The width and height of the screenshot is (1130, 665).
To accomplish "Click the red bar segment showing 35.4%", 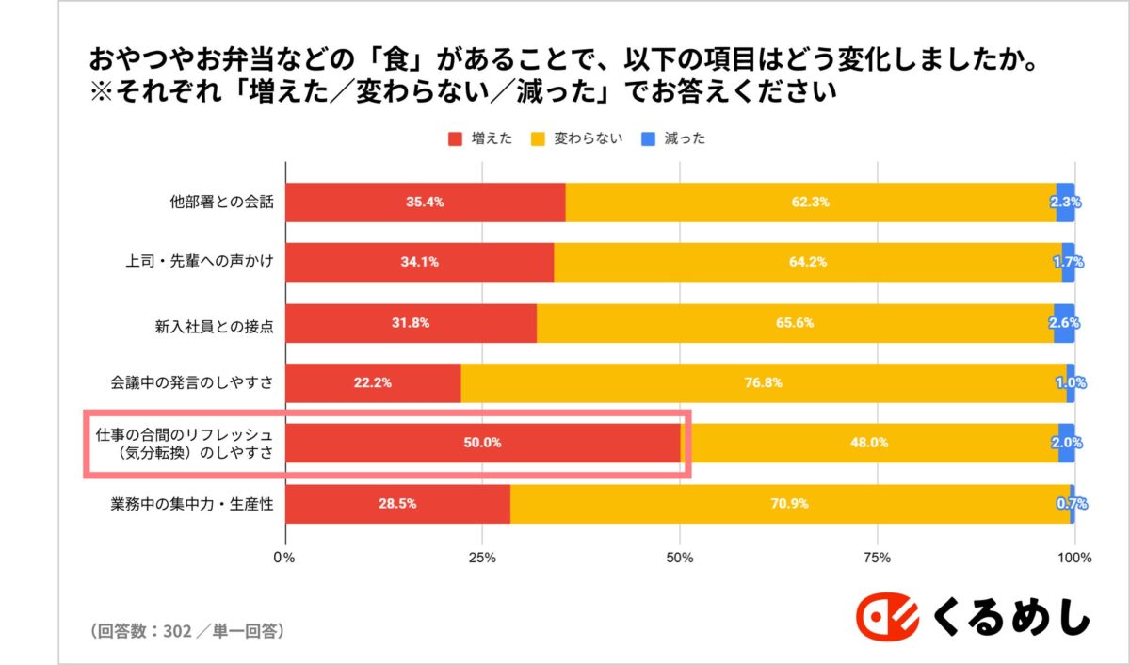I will [425, 203].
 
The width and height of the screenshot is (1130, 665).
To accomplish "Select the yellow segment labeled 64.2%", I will [807, 263].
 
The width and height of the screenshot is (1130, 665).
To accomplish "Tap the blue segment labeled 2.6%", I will [1064, 323].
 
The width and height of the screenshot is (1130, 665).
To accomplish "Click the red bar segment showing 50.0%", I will [482, 443].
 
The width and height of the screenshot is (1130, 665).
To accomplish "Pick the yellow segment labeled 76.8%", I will [763, 383].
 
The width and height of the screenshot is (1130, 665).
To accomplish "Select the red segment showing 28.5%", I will [397, 504].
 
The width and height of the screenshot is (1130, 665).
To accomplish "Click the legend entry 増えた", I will [481, 138].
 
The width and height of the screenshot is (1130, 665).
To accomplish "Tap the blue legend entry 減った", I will [674, 138].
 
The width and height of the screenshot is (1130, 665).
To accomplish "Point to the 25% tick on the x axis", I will [482, 558].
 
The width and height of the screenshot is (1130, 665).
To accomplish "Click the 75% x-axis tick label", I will [877, 558].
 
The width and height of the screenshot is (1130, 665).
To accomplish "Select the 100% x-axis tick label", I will [1074, 558].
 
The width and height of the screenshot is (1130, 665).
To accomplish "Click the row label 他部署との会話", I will [221, 203].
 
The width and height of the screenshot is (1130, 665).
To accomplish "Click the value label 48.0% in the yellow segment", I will [869, 443].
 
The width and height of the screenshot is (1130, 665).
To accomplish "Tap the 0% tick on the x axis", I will [284, 558].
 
